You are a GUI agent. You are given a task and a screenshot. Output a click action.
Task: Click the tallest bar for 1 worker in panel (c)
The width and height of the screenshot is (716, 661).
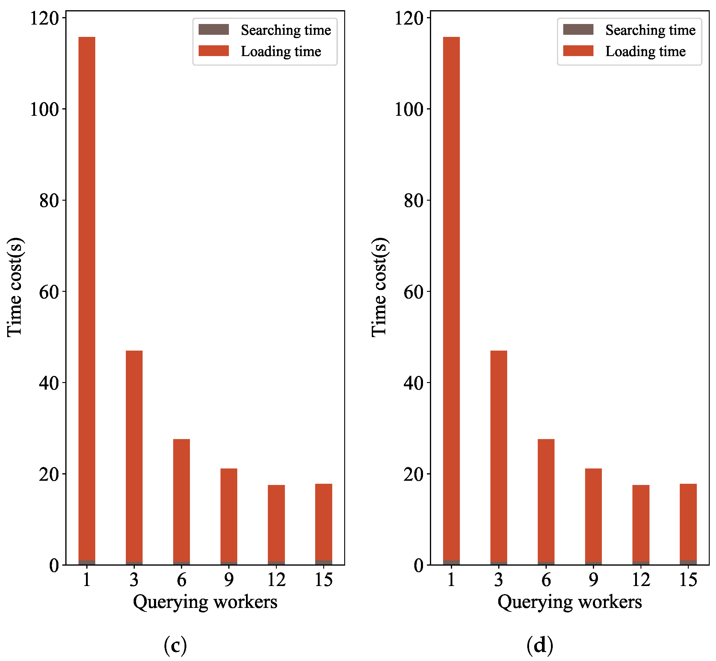tap(87, 301)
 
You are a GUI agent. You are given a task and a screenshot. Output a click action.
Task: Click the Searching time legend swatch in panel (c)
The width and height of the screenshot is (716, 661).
tap(214, 29)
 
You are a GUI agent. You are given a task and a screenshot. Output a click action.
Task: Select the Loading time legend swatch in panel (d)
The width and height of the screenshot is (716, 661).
tap(578, 51)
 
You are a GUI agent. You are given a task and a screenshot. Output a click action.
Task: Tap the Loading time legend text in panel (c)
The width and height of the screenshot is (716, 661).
tap(281, 51)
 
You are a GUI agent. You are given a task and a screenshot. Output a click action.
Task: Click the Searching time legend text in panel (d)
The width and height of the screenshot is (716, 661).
tap(650, 30)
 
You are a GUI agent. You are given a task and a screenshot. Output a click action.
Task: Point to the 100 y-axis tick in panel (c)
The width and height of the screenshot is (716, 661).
tap(44, 109)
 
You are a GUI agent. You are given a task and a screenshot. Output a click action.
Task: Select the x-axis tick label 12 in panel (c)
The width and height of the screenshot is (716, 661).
tap(276, 579)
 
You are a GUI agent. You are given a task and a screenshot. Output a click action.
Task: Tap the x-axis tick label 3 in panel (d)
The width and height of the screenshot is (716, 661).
tap(499, 579)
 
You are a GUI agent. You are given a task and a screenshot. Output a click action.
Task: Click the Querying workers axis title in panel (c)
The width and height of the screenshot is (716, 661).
tap(205, 602)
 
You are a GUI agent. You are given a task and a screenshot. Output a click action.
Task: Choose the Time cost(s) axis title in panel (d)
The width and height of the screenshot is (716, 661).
tap(380, 287)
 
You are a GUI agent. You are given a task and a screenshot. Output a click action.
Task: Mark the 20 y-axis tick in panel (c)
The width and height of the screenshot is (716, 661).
tap(49, 474)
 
